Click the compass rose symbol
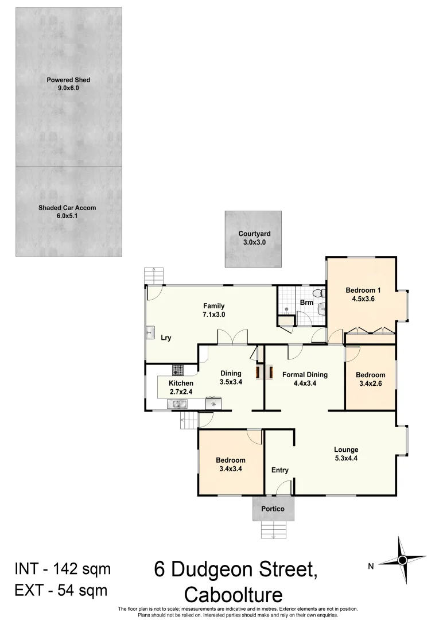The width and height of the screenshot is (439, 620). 402,560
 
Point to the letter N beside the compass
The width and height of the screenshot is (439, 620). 371,567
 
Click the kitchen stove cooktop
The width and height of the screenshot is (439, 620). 178,370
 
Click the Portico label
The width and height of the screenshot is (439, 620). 273,509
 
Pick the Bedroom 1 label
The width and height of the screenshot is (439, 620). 360,294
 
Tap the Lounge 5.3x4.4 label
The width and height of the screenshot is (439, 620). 346,454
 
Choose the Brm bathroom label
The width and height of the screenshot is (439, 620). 306,303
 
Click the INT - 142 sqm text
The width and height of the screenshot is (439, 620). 62,569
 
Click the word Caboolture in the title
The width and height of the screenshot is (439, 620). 234,594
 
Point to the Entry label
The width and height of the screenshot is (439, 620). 279,470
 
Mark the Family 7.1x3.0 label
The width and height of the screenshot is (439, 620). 213,310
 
